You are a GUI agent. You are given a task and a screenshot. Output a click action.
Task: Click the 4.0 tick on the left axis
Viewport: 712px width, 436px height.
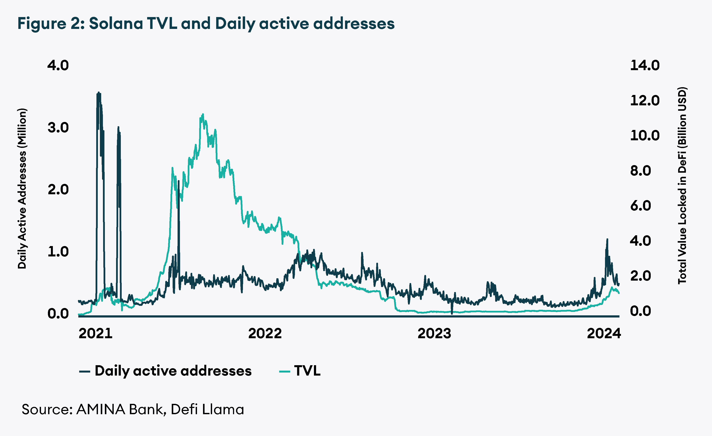coord(58,65)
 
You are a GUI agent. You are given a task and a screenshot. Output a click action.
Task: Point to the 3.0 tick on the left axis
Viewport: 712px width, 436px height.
coord(58,128)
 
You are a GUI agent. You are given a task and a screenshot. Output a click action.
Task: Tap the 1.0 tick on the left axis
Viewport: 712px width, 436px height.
coord(58,251)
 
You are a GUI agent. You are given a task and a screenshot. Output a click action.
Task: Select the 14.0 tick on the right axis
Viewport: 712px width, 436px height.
coord(645,65)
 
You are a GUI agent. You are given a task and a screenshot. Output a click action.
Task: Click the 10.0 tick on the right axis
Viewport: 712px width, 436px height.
coord(645,135)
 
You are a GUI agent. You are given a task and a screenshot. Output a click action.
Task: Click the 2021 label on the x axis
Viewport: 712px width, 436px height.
coord(95,333)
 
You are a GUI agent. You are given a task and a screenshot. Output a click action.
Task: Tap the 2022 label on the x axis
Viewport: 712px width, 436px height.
coord(265,333)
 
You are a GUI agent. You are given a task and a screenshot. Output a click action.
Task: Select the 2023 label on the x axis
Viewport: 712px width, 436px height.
coord(434,333)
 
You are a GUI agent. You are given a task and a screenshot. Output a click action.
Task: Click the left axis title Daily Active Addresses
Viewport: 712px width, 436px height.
coord(22,188)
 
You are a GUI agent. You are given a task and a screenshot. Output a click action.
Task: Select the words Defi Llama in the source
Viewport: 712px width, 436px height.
coord(207,409)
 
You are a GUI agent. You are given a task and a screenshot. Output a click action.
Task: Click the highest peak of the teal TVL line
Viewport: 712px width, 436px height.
coord(203,114)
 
